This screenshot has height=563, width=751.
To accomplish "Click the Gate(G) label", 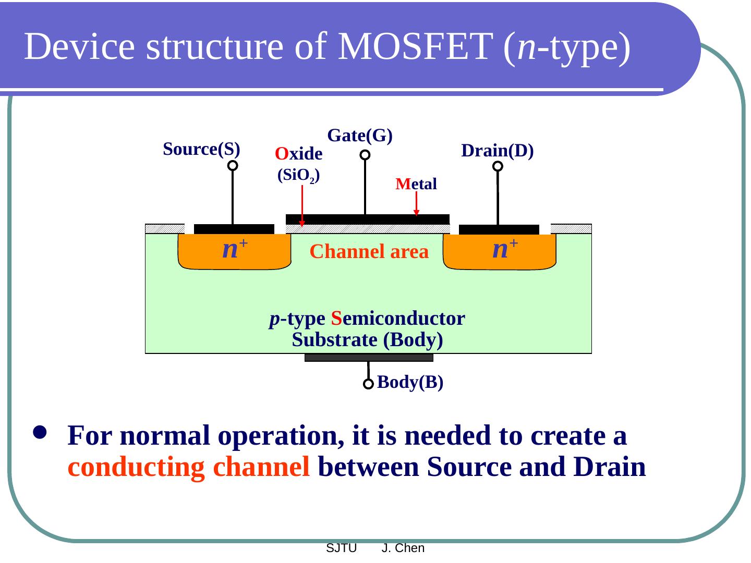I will coord(360,136).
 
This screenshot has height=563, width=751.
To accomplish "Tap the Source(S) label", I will coord(201,149).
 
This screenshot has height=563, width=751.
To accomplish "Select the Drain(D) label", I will coord(498,151).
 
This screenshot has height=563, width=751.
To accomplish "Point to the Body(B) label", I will coord(410,382).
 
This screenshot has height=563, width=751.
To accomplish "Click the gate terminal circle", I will coord(365,155).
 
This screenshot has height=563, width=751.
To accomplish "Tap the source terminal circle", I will coord(233,165).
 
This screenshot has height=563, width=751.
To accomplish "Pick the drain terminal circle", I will coord(498,166).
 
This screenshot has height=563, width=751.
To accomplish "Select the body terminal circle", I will coord(368,384).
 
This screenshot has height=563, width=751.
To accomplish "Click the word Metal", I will coord(416,184).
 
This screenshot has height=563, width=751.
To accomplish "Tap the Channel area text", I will coord(369,252).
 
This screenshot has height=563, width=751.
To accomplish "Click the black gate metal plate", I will coord(368,219).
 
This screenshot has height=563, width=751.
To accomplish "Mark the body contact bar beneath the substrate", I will coord(369,358).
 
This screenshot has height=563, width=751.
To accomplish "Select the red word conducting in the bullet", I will coord(136,467).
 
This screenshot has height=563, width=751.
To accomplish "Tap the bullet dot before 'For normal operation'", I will coord(40,432).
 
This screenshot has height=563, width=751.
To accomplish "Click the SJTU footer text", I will coord(341,548).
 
